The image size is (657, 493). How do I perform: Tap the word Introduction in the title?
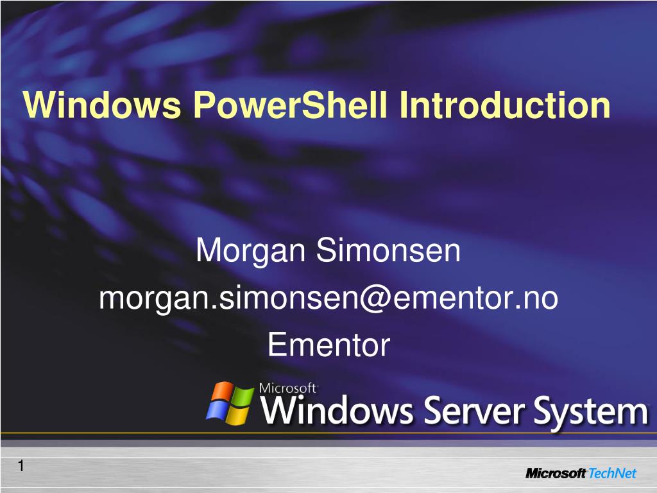[504, 105]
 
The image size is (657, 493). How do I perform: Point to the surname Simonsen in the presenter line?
[388, 251]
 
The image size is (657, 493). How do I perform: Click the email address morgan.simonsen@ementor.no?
[328, 298]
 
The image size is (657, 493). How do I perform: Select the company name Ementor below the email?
[328, 345]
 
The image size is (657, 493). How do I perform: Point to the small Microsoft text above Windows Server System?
[288, 388]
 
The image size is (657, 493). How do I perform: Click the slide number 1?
[21, 467]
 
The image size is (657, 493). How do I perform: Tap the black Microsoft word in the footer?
[556, 474]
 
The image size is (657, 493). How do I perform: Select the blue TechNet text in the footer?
[613, 474]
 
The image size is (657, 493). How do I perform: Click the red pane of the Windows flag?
[222, 392]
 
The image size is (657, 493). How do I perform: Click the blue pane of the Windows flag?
[217, 411]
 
